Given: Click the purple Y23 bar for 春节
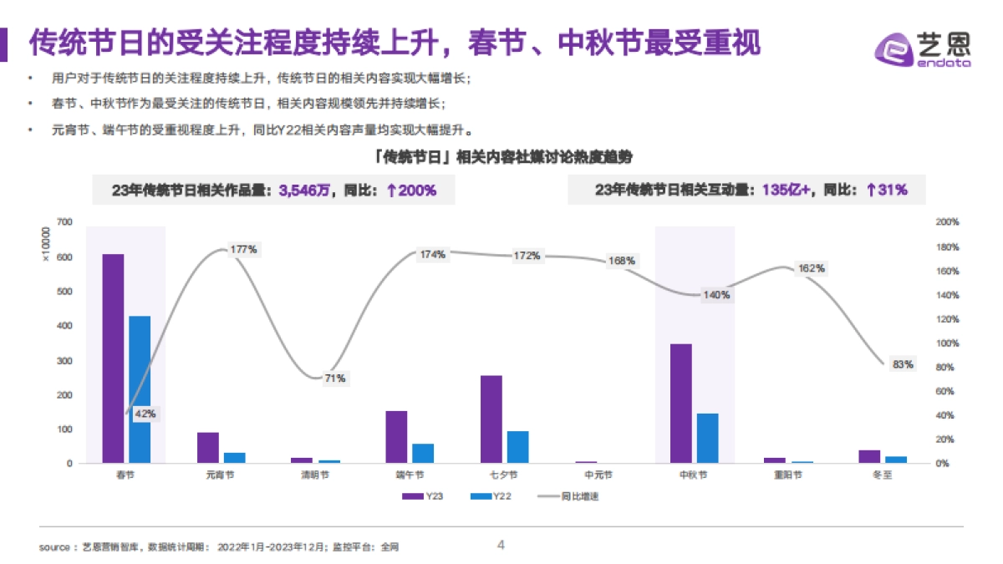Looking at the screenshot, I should [x=113, y=358].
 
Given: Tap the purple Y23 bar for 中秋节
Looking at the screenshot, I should [x=680, y=404].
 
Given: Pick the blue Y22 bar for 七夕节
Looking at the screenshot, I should [x=518, y=447].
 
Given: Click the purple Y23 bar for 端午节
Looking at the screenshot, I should [x=396, y=437].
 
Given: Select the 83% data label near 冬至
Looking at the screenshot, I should [x=903, y=364].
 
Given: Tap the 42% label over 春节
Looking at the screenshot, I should [x=145, y=414].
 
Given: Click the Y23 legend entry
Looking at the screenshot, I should [x=422, y=495].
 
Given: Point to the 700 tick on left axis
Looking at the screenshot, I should [x=65, y=222].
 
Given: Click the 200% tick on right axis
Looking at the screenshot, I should [x=948, y=223].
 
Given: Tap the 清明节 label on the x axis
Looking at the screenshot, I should [x=314, y=475].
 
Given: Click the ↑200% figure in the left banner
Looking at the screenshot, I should [x=411, y=191].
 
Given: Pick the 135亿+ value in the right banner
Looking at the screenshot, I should [x=786, y=191].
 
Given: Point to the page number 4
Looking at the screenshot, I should [x=501, y=545].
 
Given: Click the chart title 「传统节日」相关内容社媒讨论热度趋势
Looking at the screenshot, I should [x=501, y=158].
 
